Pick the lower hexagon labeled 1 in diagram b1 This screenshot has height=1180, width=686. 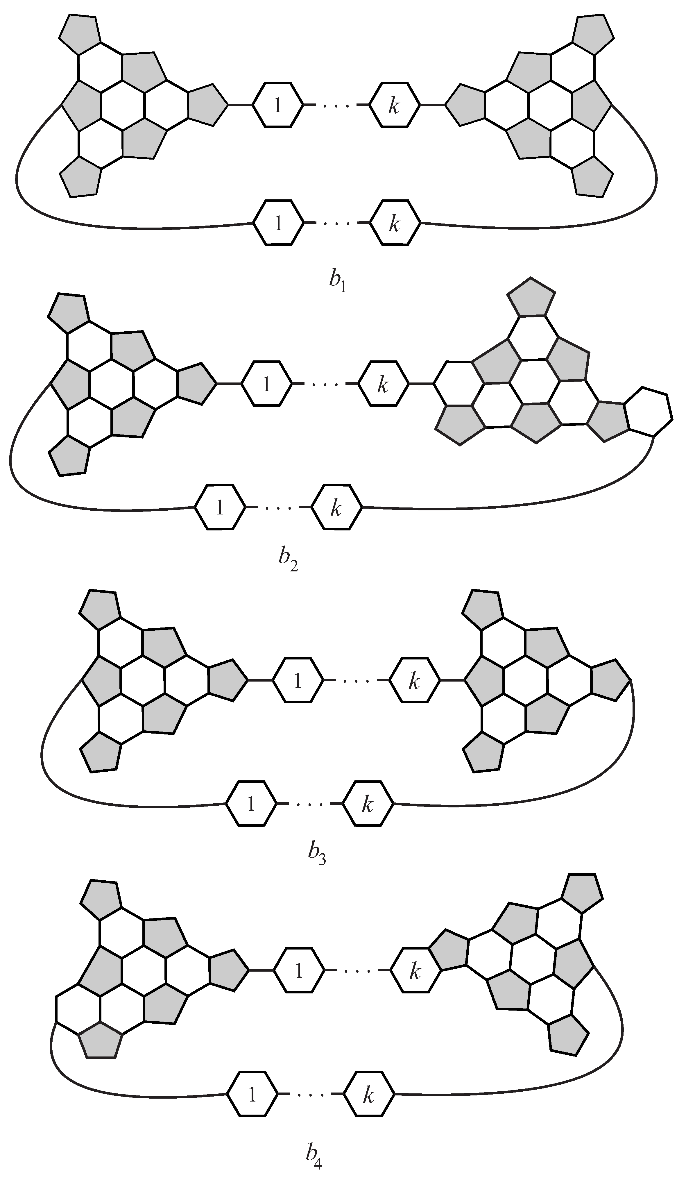pos(278,223)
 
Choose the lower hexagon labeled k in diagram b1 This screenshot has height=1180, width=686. pos(394,223)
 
